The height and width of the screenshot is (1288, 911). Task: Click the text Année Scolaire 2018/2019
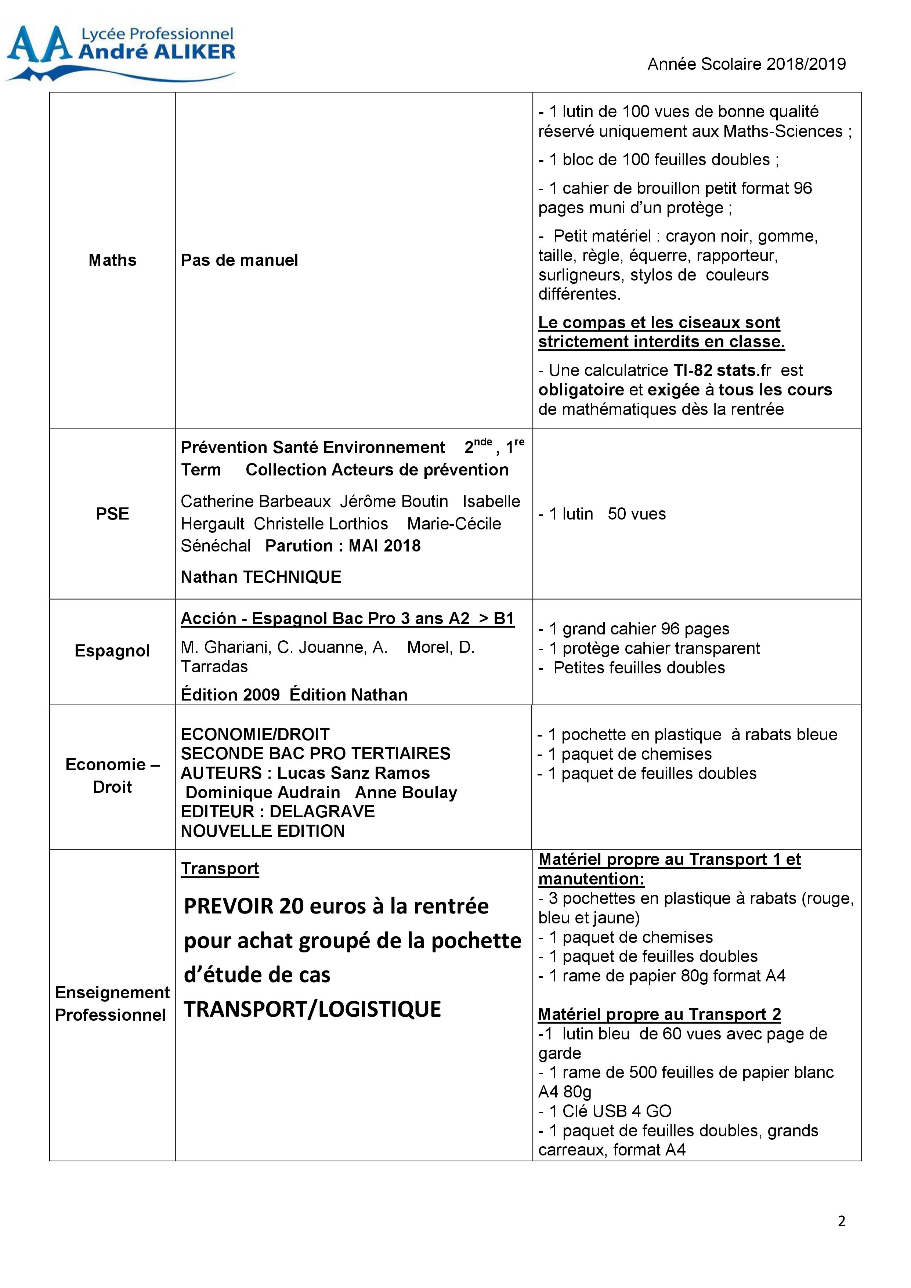point(746,65)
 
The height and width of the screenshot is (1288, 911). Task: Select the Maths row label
point(112,260)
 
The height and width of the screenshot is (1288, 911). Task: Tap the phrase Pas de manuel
point(239,260)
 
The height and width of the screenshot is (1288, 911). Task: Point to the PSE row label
point(112,514)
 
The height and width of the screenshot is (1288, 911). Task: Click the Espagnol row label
point(112,651)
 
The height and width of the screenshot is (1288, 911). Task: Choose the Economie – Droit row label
point(112,776)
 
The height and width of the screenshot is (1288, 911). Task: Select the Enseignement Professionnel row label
point(112,1003)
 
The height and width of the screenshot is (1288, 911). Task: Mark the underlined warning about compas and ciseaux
point(661,333)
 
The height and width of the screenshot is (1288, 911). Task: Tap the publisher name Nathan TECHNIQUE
point(261,577)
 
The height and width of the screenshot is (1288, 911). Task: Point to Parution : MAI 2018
point(343,546)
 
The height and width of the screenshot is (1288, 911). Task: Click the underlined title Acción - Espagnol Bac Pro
point(347,618)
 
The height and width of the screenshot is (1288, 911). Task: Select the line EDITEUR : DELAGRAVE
point(278,812)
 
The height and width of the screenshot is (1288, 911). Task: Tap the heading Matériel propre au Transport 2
point(659,1014)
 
